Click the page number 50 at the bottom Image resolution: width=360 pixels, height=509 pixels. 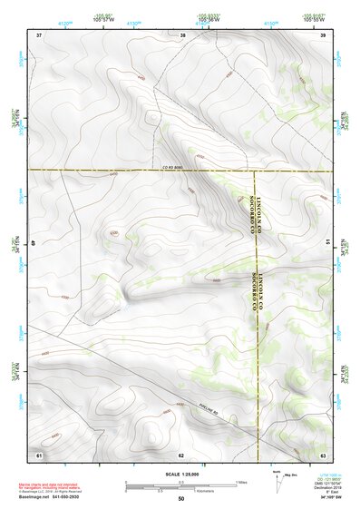click(x=180, y=499)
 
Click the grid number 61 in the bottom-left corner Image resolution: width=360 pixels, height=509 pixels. click(x=39, y=453)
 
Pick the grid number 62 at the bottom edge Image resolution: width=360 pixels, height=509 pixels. click(x=181, y=453)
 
